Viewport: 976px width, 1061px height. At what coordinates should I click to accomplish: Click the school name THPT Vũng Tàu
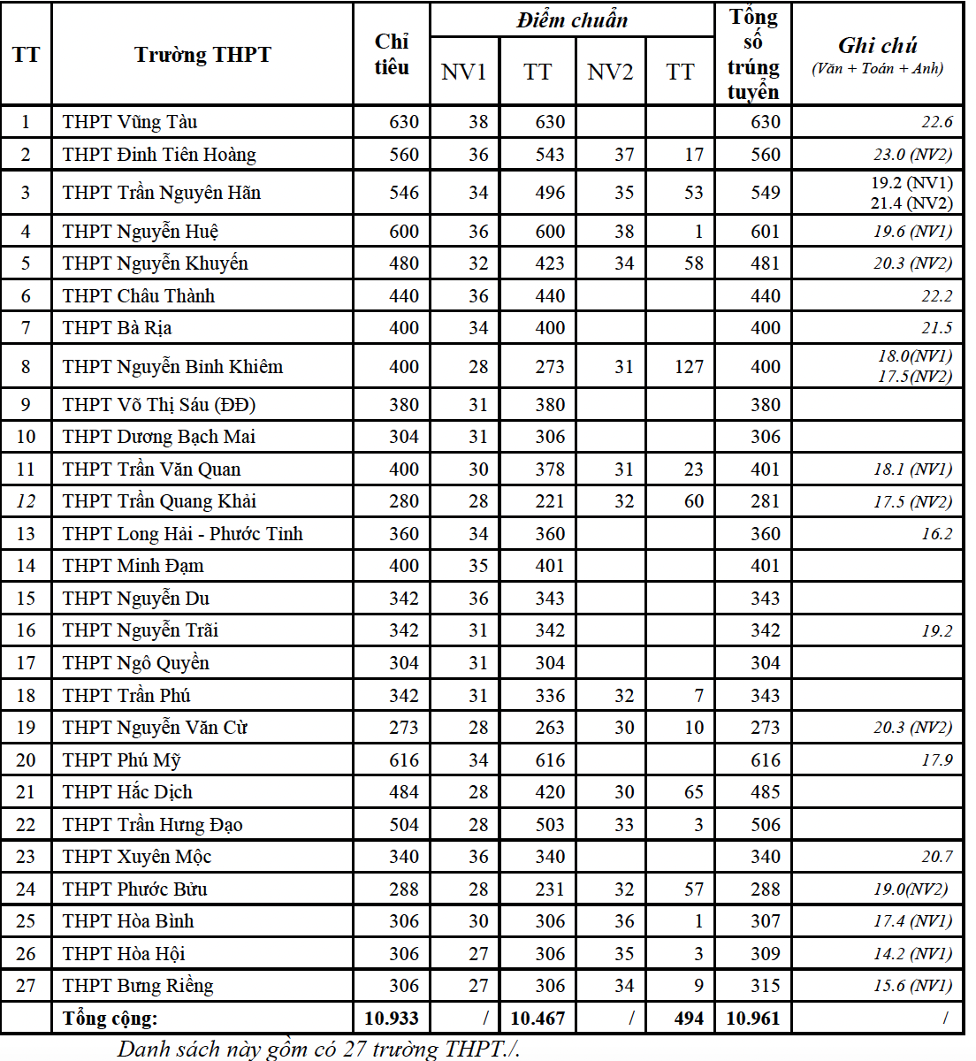coord(130,122)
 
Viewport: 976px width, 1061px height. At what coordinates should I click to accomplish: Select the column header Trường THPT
coord(202,55)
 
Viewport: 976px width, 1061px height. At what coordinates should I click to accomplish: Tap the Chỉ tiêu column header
coord(392,55)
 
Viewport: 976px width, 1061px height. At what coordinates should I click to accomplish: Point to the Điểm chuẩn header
coord(572,20)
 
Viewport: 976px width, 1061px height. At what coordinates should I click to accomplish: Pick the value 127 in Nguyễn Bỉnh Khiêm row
coord(689,366)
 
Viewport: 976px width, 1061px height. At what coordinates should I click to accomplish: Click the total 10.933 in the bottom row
coord(392,1019)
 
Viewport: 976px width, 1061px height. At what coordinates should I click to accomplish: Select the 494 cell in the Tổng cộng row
coord(689,1019)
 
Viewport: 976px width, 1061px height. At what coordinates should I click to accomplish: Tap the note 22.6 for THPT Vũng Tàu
coord(937,122)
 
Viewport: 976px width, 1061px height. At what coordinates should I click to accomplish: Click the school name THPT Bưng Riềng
coord(138,986)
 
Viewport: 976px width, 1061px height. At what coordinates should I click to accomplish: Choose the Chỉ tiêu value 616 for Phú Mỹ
coord(404,760)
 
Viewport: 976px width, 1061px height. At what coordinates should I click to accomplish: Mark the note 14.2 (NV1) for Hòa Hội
coord(912,954)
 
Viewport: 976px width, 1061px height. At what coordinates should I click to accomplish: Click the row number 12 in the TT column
coord(26,501)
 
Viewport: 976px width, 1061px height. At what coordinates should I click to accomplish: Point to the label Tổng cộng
coord(111,1019)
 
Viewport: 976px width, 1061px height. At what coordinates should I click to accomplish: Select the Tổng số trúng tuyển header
coord(753,55)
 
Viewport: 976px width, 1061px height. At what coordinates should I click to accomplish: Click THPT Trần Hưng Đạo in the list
coord(152,825)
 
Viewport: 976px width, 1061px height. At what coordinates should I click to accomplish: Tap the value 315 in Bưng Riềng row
coord(765,986)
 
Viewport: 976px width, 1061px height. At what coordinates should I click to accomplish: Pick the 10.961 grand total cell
coord(753,1019)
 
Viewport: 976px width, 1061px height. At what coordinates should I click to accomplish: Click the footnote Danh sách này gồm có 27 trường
coord(318,1050)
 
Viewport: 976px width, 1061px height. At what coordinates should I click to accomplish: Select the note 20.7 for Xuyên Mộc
coord(937,857)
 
